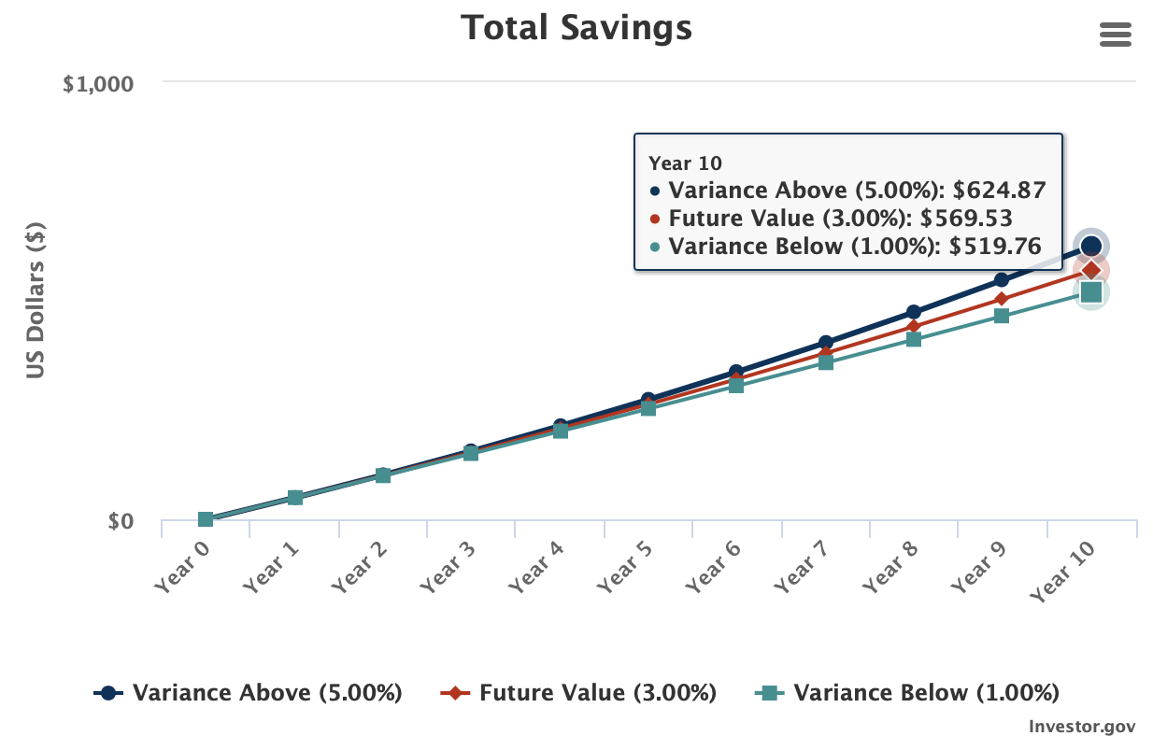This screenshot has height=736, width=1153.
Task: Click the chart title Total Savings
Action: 576,28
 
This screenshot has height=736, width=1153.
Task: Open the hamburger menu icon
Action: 1116,35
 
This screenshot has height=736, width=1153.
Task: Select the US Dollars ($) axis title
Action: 36,301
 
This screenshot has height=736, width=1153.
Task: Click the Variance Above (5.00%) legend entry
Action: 249,693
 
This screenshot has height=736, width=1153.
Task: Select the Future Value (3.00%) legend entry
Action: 579,693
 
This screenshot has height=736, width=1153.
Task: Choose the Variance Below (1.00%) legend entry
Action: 907,693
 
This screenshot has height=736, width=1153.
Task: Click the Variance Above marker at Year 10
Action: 1090,247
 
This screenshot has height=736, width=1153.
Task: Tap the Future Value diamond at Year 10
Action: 1090,270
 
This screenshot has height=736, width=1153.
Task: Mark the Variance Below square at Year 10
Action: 1090,292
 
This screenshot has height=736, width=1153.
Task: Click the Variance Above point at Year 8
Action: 914,312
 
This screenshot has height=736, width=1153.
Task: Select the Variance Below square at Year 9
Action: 1002,316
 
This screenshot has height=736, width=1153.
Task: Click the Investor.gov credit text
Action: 1081,726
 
